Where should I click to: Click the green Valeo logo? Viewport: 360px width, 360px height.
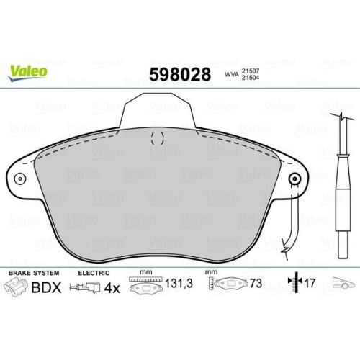click(x=27, y=73)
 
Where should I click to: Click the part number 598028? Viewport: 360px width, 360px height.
click(x=180, y=74)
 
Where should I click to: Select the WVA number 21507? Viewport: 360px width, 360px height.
click(x=251, y=71)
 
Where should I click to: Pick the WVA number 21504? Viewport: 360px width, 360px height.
click(x=251, y=78)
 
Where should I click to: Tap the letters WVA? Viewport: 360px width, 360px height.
click(x=232, y=74)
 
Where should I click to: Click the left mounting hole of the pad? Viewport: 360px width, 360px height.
click(x=20, y=179)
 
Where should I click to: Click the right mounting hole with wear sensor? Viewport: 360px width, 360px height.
click(x=295, y=179)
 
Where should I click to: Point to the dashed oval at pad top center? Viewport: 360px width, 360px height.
click(x=158, y=138)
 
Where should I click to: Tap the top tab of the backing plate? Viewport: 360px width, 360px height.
click(x=158, y=111)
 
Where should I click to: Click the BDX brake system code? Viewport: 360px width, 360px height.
click(x=46, y=287)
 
